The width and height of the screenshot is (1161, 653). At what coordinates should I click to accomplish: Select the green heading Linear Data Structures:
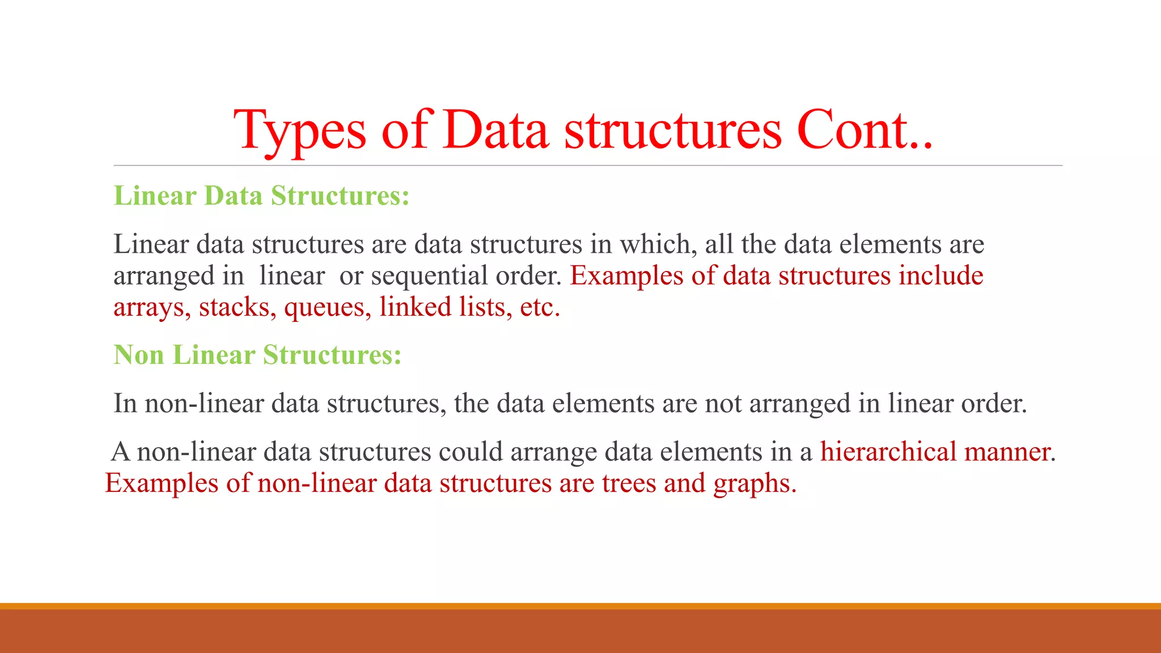click(261, 196)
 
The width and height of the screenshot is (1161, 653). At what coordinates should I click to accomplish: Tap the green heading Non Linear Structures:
click(257, 355)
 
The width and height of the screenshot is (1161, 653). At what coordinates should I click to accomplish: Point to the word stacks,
click(237, 307)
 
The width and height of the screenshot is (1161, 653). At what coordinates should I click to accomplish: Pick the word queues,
click(328, 307)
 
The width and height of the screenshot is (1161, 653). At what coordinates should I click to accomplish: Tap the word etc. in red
click(540, 307)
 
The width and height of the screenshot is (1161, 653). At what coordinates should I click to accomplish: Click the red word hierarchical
click(888, 452)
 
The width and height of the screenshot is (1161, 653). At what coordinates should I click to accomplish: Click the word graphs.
click(754, 484)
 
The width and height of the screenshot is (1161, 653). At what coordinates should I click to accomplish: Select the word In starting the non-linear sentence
click(125, 404)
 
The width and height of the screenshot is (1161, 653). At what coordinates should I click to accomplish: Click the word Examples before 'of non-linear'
click(162, 484)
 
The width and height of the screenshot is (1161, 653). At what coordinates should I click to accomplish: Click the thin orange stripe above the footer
click(580, 606)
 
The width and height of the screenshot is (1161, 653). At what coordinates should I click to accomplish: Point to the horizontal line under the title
click(587, 166)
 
